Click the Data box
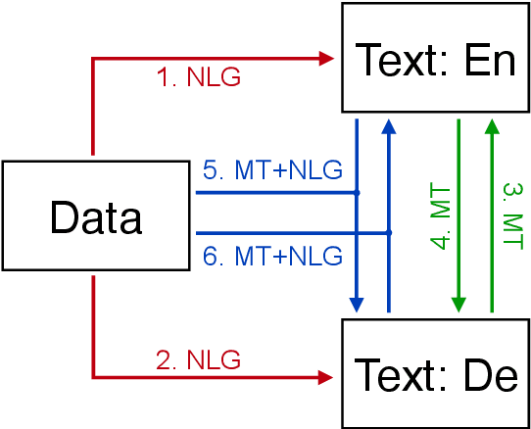pos(97,217)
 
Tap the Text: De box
pos(435,373)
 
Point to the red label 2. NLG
pos(199,359)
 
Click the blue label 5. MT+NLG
pos(272,170)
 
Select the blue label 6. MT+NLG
pos(272,257)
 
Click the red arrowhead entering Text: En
pos(327,58)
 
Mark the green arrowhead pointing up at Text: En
pos(492,125)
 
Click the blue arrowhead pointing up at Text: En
pos(389,125)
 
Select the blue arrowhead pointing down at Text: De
pos(357,307)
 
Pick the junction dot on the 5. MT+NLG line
pos(357,193)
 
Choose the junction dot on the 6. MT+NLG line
pos(389,233)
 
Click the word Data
pos(97,217)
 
